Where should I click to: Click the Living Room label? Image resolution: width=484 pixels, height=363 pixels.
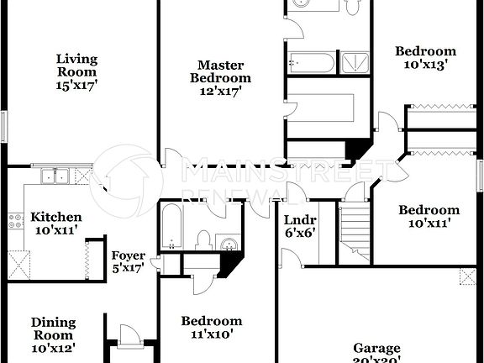(76, 71)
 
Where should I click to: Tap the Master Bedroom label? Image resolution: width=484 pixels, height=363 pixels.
(221, 78)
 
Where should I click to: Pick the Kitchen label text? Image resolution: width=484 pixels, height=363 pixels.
(56, 217)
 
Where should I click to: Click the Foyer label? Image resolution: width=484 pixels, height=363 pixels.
(129, 255)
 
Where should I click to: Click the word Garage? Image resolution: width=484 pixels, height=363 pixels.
(376, 348)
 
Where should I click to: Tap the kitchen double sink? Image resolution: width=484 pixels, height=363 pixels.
(56, 176)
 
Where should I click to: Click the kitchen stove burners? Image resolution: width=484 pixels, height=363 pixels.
(15, 222)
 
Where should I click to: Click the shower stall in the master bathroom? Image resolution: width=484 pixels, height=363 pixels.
(353, 63)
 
